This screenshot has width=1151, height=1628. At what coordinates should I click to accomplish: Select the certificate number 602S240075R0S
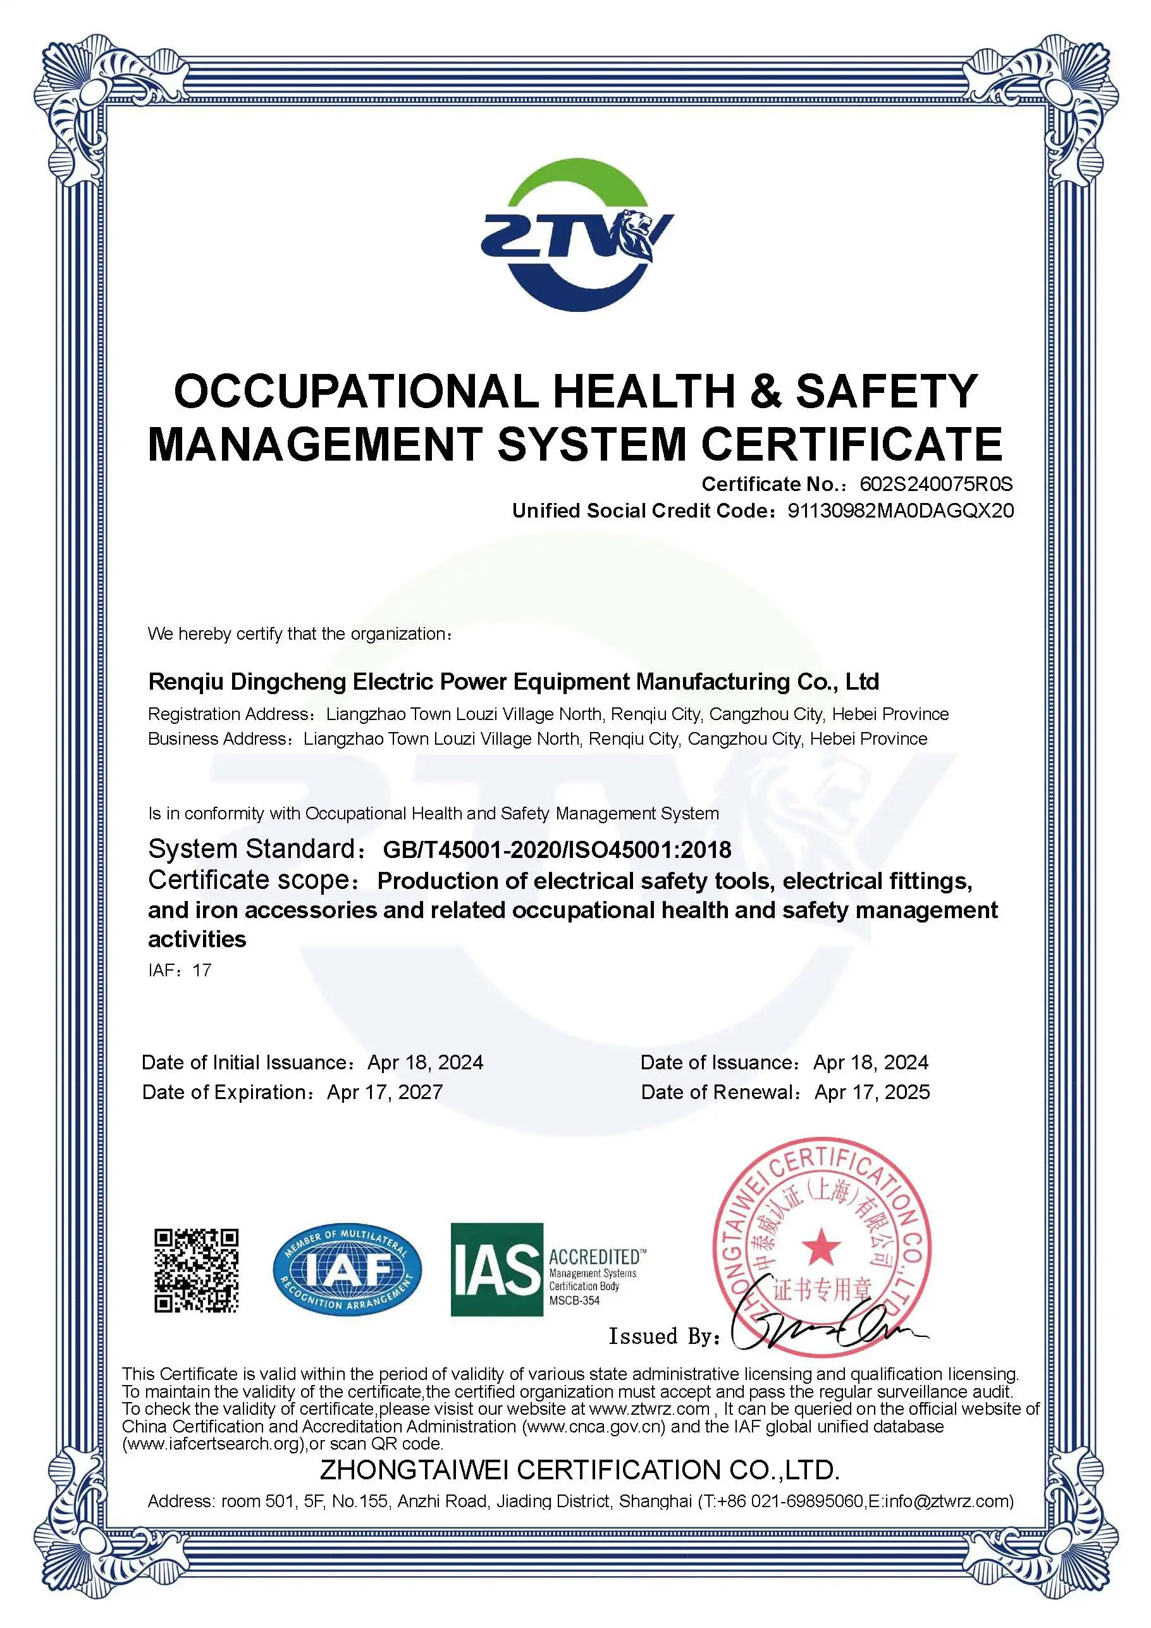(935, 484)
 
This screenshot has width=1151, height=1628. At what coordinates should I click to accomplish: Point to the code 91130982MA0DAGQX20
(900, 511)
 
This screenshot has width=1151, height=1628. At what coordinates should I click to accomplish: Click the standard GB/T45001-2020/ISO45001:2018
(557, 850)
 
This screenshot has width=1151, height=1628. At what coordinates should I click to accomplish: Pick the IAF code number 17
(202, 970)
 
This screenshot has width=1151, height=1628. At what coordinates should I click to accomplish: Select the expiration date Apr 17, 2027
(385, 1092)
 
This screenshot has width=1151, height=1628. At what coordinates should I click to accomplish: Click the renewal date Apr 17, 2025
(871, 1092)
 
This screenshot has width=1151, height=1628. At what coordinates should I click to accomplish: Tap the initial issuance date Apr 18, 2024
(425, 1062)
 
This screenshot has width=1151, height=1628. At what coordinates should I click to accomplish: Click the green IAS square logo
(497, 1270)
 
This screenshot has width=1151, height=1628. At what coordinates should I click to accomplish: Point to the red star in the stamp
(821, 1247)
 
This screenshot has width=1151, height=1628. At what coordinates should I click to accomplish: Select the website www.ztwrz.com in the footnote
(649, 1409)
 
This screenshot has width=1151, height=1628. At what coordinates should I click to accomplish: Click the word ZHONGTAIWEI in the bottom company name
(414, 1470)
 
